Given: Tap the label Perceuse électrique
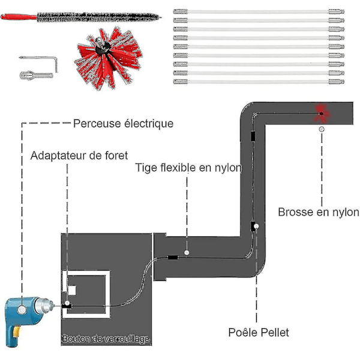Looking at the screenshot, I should pyautogui.click(x=123, y=124).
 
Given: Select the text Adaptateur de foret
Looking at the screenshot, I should pyautogui.click(x=79, y=156).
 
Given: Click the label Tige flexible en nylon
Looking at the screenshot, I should pyautogui.click(x=189, y=168).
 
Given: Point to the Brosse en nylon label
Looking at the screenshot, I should pyautogui.click(x=319, y=212).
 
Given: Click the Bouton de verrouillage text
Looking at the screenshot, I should pyautogui.click(x=106, y=340).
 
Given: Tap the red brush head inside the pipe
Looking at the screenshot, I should pyautogui.click(x=321, y=112).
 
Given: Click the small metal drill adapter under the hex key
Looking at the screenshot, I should pyautogui.click(x=31, y=76).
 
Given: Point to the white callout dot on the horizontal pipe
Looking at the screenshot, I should pyautogui.click(x=187, y=252).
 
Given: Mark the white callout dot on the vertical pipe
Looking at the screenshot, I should pyautogui.click(x=256, y=227).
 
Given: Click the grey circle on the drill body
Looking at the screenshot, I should pyautogui.click(x=23, y=310).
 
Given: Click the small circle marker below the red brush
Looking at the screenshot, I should pyautogui.click(x=322, y=128).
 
